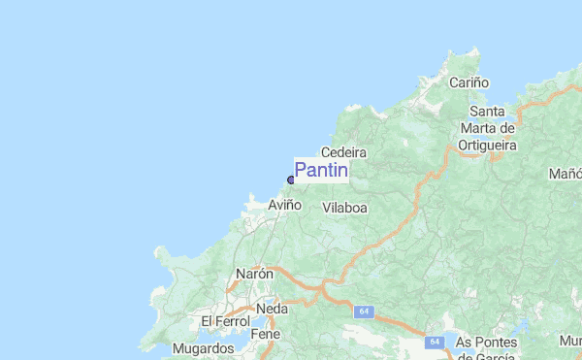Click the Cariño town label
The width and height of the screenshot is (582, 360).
click(469, 83)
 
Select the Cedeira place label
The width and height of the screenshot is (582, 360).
click(343, 153)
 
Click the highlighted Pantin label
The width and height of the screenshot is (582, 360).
click(321, 171)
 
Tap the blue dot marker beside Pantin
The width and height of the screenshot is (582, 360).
click(291, 180)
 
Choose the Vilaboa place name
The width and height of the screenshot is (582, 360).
click(344, 208)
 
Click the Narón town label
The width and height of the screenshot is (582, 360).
click(255, 275)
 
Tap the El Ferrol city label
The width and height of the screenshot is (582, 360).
click(225, 321)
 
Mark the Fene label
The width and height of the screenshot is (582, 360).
click(266, 334)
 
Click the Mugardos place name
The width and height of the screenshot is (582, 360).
click(203, 348)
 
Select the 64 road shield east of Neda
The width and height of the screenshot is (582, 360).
click(364, 311)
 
